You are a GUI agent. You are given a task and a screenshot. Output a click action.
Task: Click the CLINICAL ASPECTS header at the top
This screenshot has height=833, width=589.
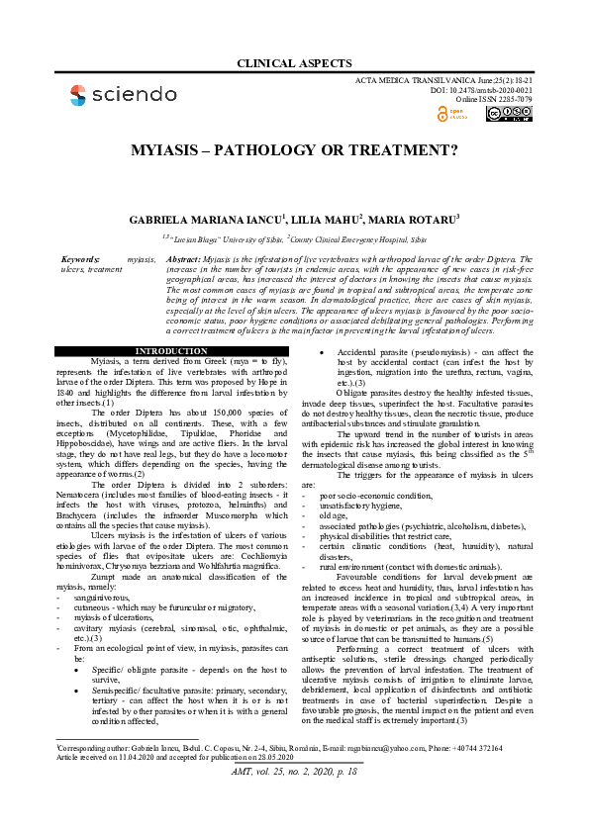tap(294, 63)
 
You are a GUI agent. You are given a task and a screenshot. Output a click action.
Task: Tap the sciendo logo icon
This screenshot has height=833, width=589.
tap(77, 95)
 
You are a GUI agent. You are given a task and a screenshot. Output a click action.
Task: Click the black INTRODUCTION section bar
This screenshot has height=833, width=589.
tap(170, 351)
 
